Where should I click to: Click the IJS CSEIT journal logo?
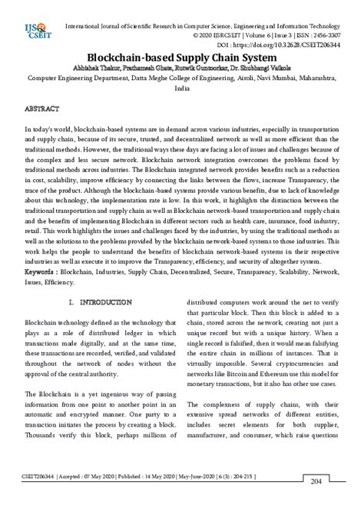click(32, 32)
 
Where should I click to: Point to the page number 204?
click(316, 503)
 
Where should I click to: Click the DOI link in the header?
click(290, 45)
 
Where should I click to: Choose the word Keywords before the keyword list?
click(40, 271)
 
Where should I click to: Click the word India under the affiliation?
click(182, 88)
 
